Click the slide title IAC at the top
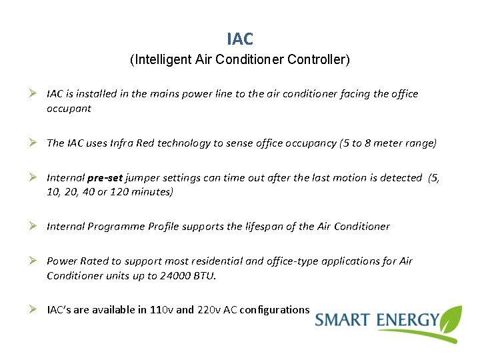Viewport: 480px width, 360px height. [x=240, y=39]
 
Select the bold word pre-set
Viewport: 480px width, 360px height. [x=104, y=178]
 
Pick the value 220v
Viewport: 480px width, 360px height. [x=211, y=310]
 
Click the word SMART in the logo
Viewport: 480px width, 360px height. [x=343, y=320]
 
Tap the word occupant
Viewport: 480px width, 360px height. [x=69, y=109]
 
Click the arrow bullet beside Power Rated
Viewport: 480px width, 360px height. [x=33, y=261]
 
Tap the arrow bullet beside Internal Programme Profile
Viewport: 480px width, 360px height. [x=33, y=226]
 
